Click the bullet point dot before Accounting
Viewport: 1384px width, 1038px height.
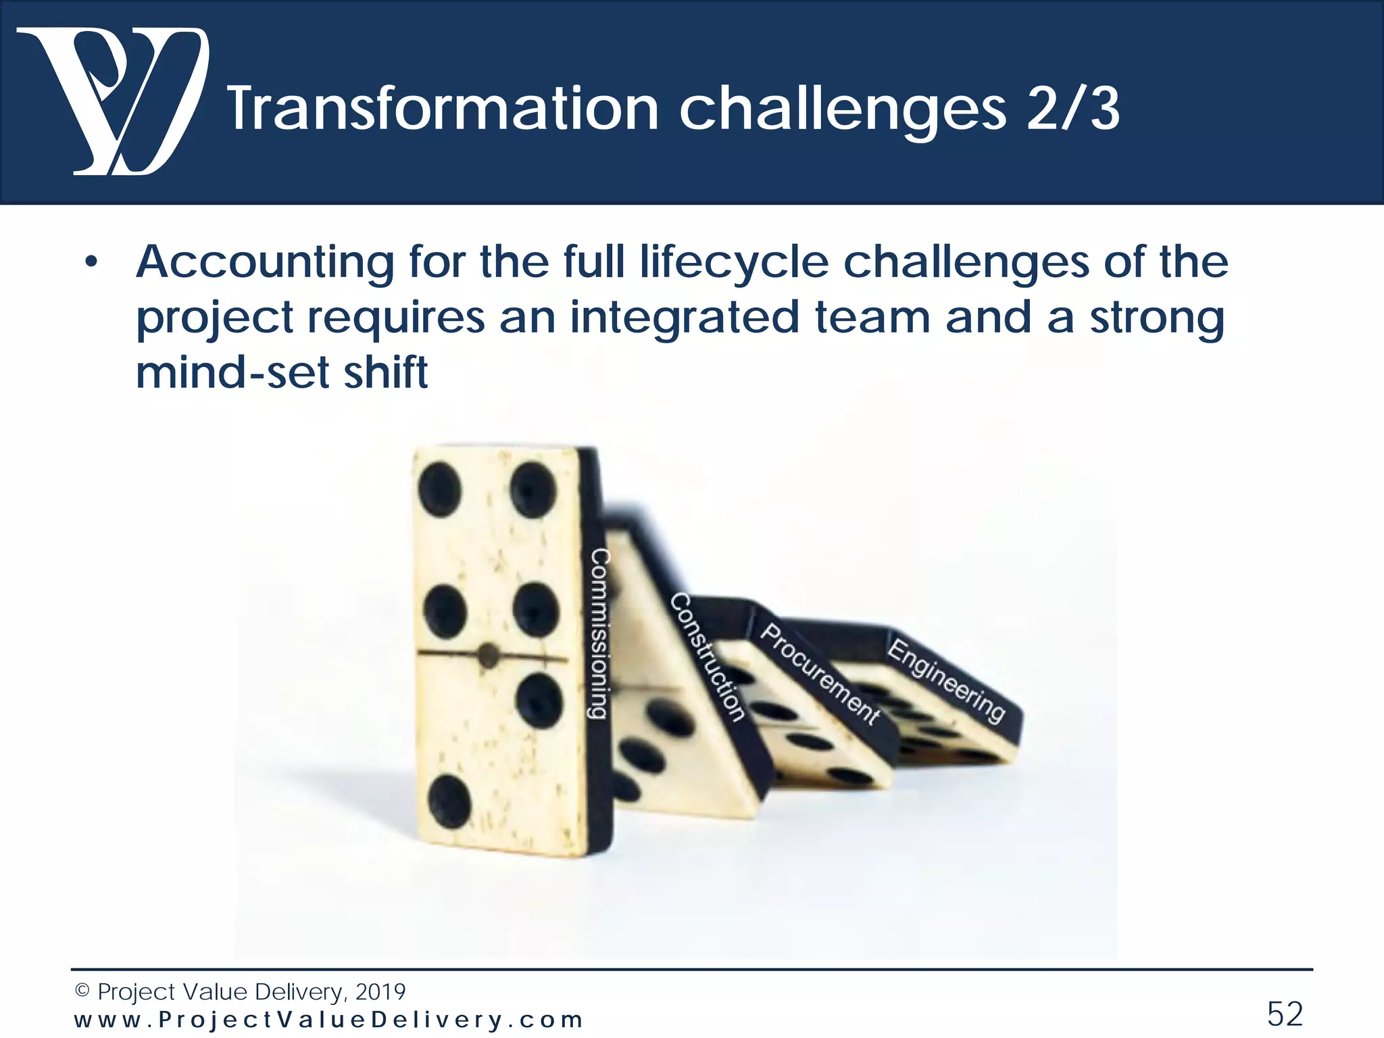pos(91,263)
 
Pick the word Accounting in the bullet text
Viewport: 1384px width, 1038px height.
pos(265,262)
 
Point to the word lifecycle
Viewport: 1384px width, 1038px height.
pos(734,262)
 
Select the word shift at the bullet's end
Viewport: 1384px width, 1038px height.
pos(386,372)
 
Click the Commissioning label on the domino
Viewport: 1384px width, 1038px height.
pos(601,633)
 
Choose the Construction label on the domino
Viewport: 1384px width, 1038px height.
pos(708,657)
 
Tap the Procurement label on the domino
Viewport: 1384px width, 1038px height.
pos(820,674)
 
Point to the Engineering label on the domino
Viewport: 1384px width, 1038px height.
pos(946,680)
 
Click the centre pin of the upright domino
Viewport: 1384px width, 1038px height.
pos(488,654)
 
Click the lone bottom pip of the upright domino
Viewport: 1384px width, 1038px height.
pos(449,801)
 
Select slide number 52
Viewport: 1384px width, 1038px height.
pos(1284,1014)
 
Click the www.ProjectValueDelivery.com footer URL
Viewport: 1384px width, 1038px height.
pos(328,1020)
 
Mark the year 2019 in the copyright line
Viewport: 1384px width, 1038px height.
pos(380,992)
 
